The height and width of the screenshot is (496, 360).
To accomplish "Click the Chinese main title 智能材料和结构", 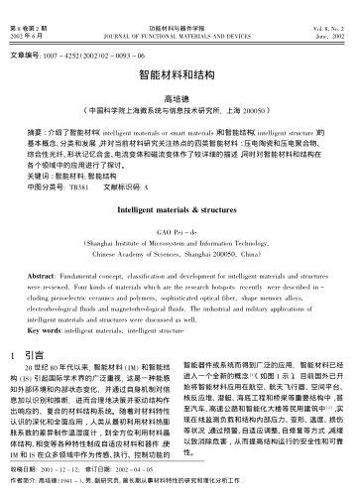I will (x=180, y=74).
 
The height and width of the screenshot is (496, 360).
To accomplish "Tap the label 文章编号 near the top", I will (x=27, y=52).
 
